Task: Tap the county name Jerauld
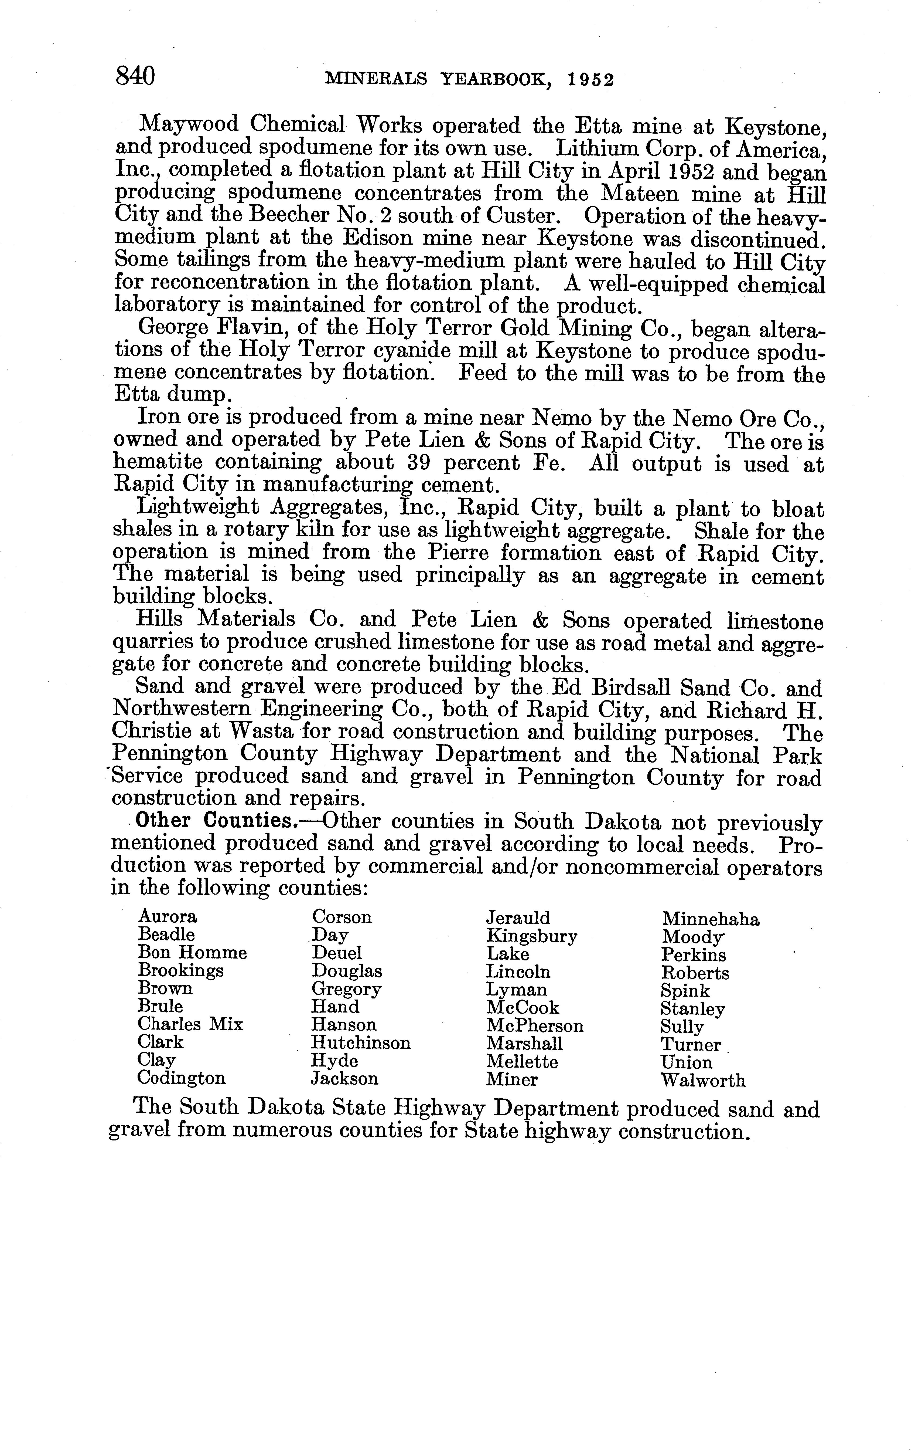(518, 918)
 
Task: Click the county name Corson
(342, 917)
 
